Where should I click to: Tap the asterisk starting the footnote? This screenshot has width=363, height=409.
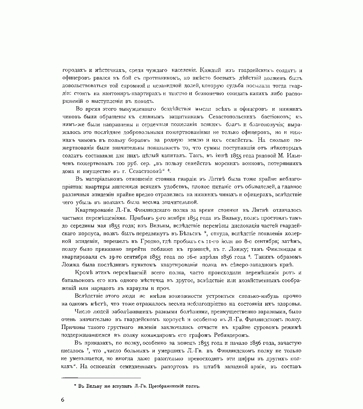click(x=75, y=386)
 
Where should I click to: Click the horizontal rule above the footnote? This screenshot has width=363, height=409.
click(x=101, y=378)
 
